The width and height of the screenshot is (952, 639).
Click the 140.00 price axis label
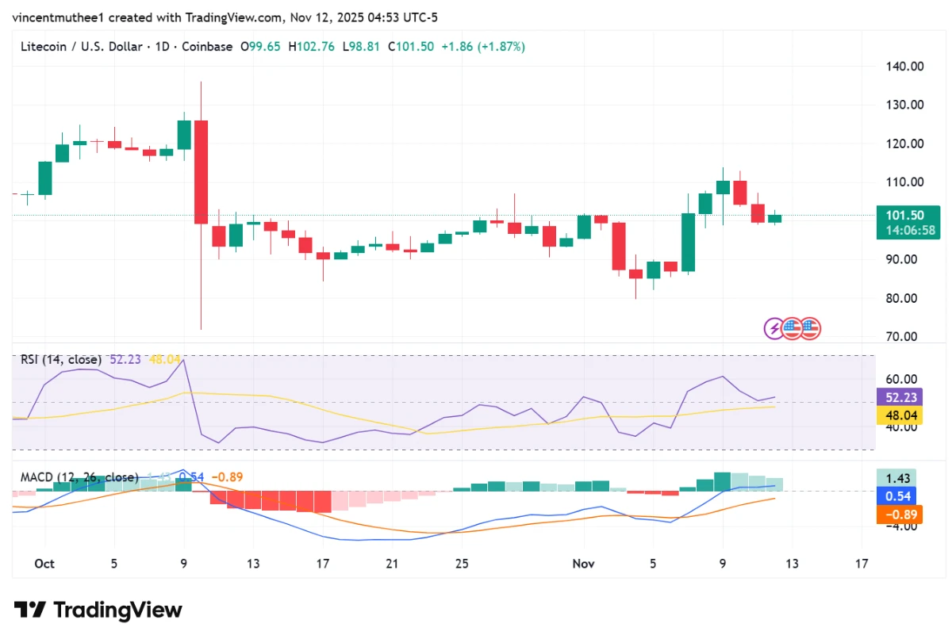904,67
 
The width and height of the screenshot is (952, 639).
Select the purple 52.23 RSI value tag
896,397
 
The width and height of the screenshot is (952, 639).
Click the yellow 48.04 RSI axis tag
896,415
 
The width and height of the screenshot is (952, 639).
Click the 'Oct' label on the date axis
44,564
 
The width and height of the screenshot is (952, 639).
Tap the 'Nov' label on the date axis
583,564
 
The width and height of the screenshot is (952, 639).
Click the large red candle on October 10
201,171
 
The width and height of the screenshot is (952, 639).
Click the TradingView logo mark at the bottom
31,610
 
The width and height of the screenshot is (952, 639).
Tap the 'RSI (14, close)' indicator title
61,359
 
